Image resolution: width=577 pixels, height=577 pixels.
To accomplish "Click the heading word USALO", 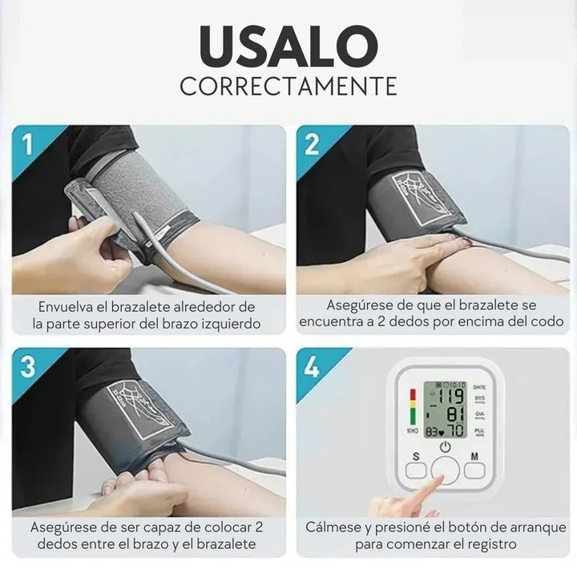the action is point(288,46).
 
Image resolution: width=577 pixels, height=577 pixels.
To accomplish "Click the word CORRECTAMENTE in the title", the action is point(288,86).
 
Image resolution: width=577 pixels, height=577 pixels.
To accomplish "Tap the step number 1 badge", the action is point(27,144).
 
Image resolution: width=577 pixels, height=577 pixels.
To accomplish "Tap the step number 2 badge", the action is point(312,144).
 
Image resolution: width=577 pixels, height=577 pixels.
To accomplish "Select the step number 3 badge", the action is point(28,366).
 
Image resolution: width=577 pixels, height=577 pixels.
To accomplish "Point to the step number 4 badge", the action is point(312,366).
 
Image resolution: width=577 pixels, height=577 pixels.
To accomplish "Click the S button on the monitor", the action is point(416,470).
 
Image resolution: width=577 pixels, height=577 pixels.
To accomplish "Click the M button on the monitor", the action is point(474,470).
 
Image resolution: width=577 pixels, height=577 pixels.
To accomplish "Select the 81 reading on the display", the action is point(455,414).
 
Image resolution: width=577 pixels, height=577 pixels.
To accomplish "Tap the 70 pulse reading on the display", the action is point(455,430).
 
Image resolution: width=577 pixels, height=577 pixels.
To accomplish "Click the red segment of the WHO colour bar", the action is point(413,395).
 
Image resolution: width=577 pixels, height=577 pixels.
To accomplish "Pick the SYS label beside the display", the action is point(479,398).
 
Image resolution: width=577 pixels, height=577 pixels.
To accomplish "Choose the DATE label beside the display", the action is point(479,387).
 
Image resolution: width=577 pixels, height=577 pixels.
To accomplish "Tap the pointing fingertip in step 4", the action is point(440,479).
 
